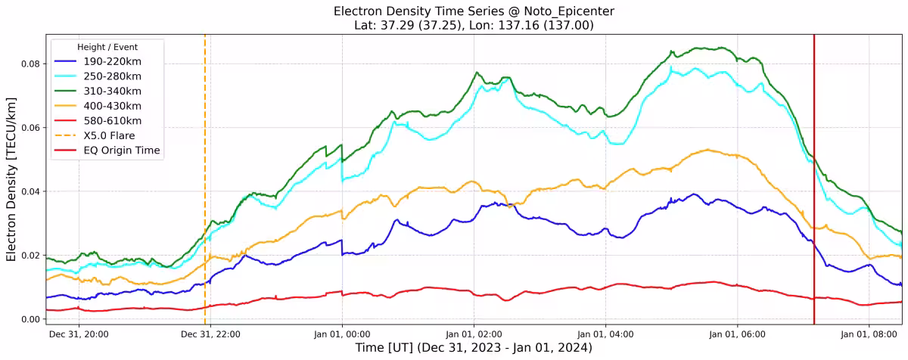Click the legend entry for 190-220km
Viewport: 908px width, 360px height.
click(114, 62)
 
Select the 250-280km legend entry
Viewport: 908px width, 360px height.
click(114, 76)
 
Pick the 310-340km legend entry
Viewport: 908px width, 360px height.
click(114, 92)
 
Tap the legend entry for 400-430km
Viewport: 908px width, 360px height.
click(114, 106)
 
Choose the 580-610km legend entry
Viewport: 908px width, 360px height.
click(114, 121)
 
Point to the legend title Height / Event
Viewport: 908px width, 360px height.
click(107, 47)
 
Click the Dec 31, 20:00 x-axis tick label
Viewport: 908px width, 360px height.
click(79, 334)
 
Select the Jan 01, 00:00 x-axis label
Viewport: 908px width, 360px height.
click(342, 334)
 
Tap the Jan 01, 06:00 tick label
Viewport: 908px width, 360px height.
click(738, 334)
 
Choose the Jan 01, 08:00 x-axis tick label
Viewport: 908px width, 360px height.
click(869, 334)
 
